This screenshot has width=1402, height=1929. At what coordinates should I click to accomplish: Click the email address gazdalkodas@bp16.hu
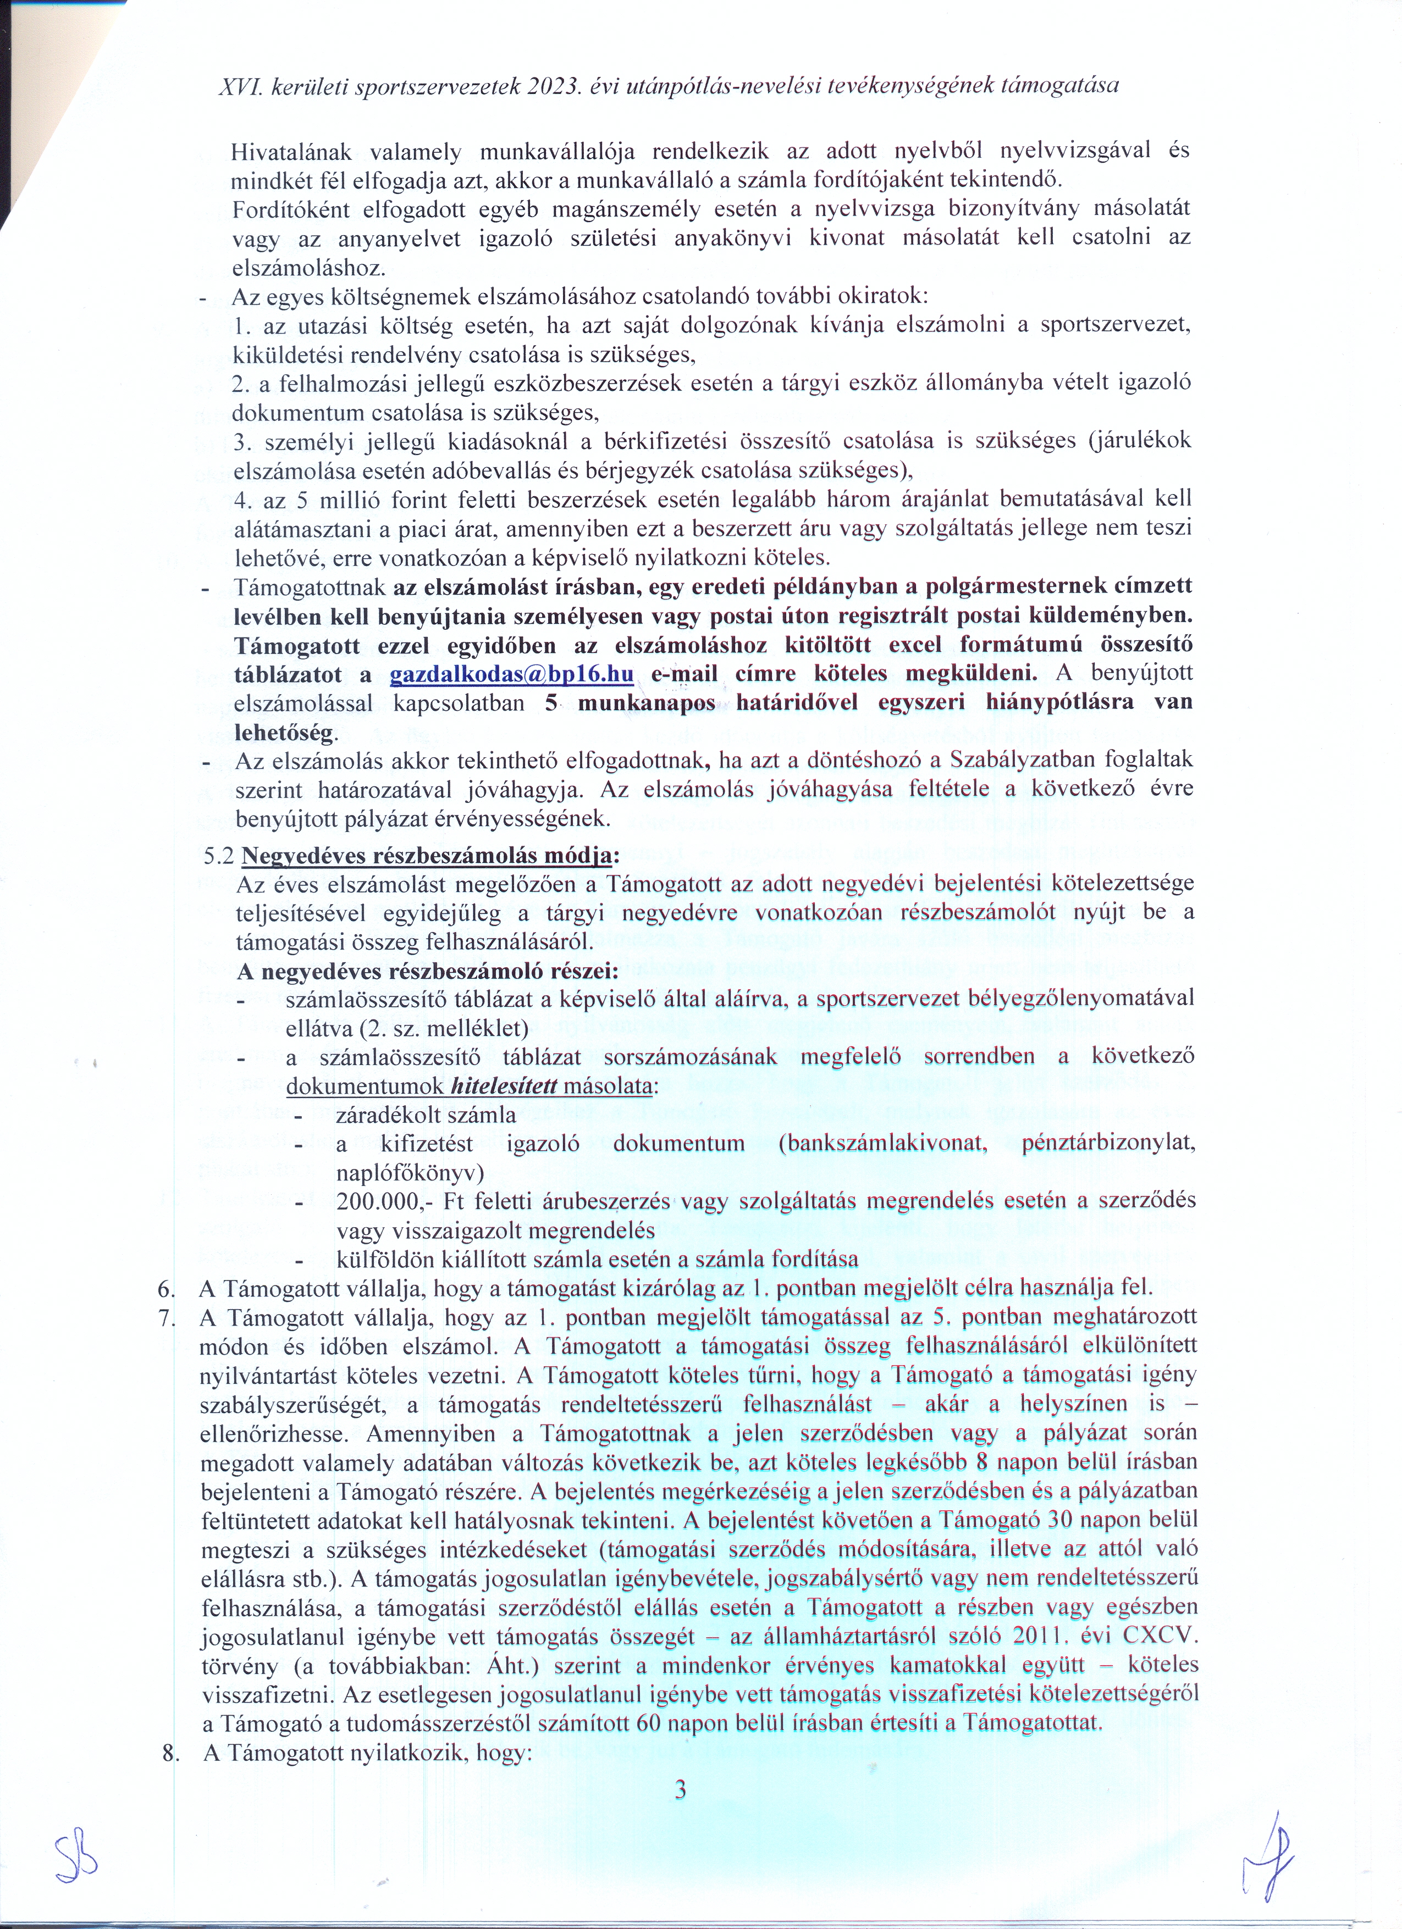click(510, 674)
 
